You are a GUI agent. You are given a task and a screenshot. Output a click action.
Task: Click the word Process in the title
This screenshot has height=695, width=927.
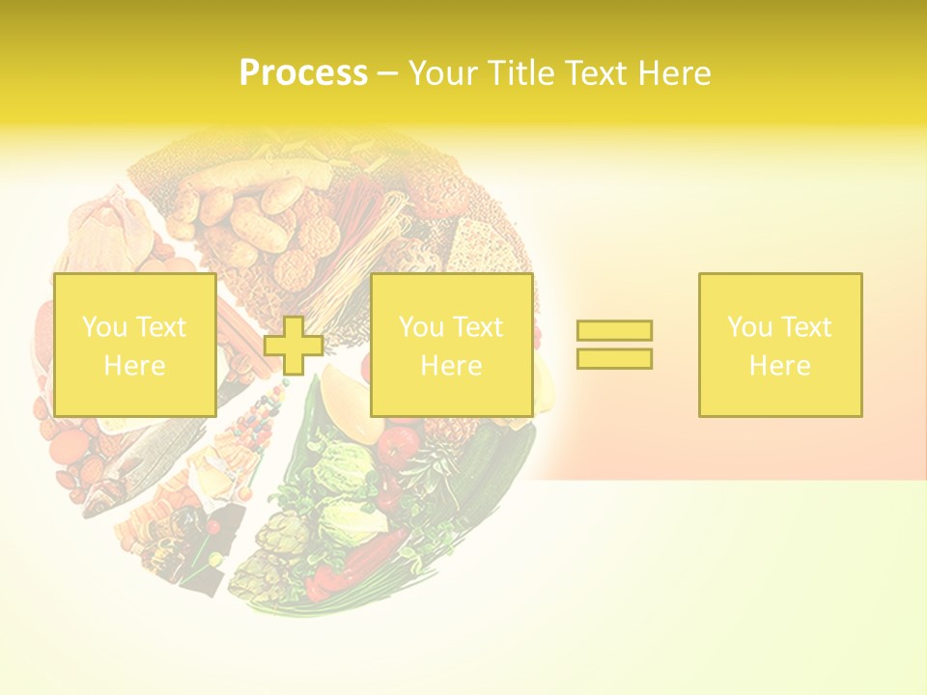(303, 73)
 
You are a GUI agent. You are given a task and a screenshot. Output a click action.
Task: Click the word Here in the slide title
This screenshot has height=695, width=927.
(677, 73)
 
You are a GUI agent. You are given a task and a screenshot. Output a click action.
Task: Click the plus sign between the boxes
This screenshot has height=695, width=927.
(294, 346)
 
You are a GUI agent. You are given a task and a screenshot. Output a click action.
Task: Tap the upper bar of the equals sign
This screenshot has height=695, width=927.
(614, 330)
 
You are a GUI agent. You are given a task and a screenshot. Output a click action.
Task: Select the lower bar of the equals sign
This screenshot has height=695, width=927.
(614, 359)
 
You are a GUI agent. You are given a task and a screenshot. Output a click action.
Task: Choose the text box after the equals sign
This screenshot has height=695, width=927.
(780, 345)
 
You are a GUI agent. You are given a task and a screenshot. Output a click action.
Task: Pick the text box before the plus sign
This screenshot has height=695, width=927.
(134, 345)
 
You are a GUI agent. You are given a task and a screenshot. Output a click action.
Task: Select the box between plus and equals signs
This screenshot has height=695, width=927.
(452, 345)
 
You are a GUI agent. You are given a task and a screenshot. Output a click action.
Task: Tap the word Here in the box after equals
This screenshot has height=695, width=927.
(780, 366)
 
